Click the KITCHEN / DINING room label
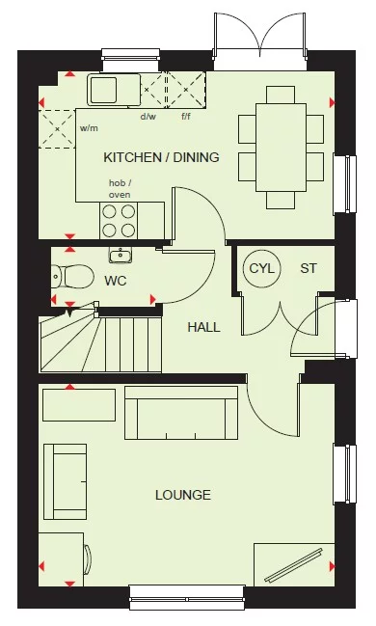[x=161, y=157]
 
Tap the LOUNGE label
[x=182, y=495]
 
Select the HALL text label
[x=203, y=327]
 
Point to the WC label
[x=116, y=281]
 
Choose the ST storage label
[x=309, y=268]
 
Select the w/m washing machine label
[x=90, y=127]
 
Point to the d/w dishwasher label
[x=148, y=117]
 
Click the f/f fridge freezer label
[x=187, y=117]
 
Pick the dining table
[x=281, y=145]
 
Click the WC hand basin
[x=121, y=257]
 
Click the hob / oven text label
[x=120, y=188]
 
